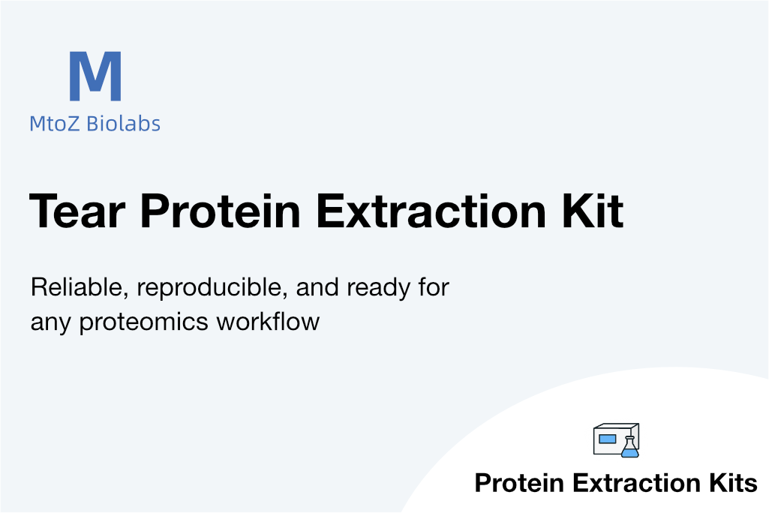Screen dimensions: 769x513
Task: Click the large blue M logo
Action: pyautogui.click(x=95, y=76)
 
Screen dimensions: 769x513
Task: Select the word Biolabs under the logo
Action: pyautogui.click(x=123, y=123)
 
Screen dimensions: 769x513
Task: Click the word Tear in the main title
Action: pyautogui.click(x=77, y=211)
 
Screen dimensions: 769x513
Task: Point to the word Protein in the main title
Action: pyautogui.click(x=221, y=211)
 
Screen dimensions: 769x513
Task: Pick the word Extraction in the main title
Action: pyautogui.click(x=431, y=211)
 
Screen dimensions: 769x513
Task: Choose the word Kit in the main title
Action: pyautogui.click(x=593, y=211)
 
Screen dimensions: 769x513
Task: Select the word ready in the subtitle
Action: pyautogui.click(x=378, y=289)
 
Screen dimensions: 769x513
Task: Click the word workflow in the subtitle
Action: pyautogui.click(x=269, y=322)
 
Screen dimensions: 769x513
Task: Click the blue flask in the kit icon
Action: pyautogui.click(x=630, y=447)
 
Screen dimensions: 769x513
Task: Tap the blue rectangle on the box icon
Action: pyautogui.click(x=607, y=439)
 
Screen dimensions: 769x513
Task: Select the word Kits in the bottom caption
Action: pyautogui.click(x=733, y=482)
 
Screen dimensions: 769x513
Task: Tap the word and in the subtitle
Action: pyautogui.click(x=317, y=287)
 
